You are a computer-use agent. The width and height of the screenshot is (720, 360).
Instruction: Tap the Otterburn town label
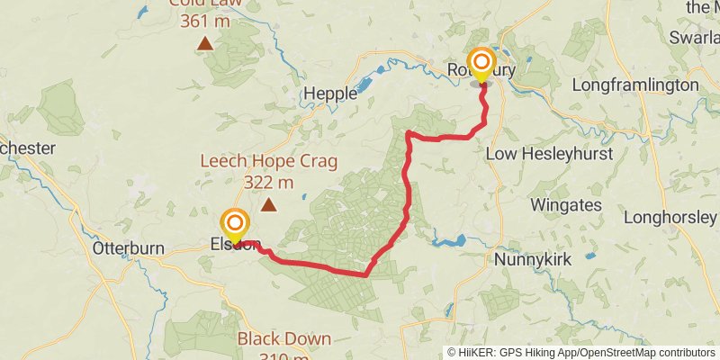coord(125,247)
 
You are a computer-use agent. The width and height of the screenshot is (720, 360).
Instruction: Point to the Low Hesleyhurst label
coord(549,154)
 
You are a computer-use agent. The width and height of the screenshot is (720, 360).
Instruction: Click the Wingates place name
coord(565,205)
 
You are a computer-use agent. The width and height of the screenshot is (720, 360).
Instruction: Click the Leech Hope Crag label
coord(268,162)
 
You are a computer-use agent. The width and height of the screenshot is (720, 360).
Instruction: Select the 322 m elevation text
coord(268,183)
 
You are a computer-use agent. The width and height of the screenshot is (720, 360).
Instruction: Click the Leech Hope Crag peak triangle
coord(268,205)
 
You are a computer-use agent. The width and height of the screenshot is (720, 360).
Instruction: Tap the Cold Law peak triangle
coord(205,42)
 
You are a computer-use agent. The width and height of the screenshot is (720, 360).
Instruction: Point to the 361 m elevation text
coord(205,20)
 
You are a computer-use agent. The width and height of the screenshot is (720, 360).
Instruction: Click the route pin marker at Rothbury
coord(481,62)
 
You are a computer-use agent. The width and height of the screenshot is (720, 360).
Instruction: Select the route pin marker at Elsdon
coord(236,223)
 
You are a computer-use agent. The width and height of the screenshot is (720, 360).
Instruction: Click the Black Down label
coord(283,339)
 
